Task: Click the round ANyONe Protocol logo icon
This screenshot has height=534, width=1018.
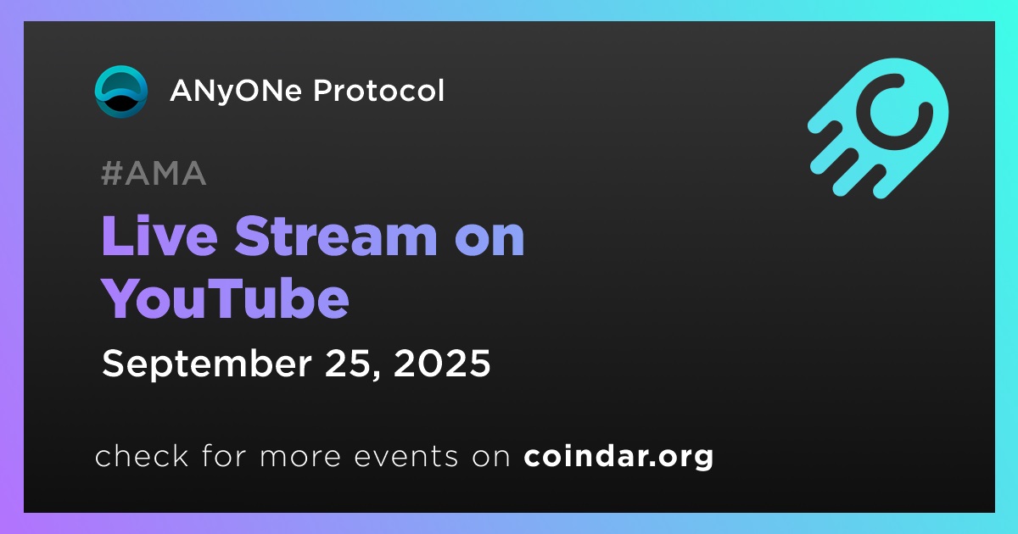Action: (x=120, y=92)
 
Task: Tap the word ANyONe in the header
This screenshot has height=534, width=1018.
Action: (x=236, y=92)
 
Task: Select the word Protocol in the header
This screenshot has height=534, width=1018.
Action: (x=378, y=91)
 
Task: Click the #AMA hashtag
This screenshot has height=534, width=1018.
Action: (x=154, y=173)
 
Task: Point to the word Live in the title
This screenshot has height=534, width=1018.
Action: (x=159, y=236)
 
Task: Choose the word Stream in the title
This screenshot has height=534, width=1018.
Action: (x=335, y=236)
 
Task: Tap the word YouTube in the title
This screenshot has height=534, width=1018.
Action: (x=225, y=298)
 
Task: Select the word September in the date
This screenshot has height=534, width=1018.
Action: (x=207, y=364)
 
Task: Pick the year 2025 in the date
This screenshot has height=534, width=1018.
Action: (x=442, y=364)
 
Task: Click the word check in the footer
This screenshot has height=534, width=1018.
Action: (x=142, y=455)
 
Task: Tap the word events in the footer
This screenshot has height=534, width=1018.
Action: (x=406, y=456)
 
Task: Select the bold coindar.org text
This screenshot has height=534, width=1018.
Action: (x=618, y=457)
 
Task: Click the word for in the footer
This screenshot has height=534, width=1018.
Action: (x=224, y=455)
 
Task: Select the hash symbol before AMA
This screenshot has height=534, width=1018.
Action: (x=111, y=174)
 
